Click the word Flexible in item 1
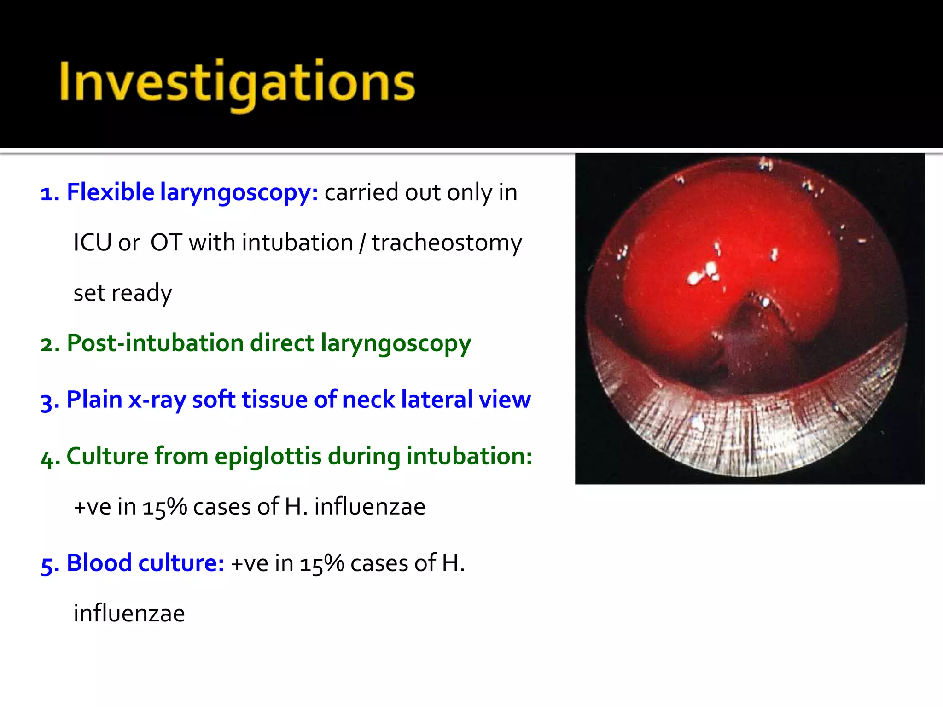click(110, 192)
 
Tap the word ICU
click(93, 243)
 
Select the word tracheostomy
click(447, 243)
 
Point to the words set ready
click(122, 293)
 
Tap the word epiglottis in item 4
click(268, 456)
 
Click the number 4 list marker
click(49, 458)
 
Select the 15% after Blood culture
click(321, 563)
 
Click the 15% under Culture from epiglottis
click(164, 507)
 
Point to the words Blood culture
click(145, 563)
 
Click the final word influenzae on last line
click(129, 614)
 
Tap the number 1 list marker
click(49, 193)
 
